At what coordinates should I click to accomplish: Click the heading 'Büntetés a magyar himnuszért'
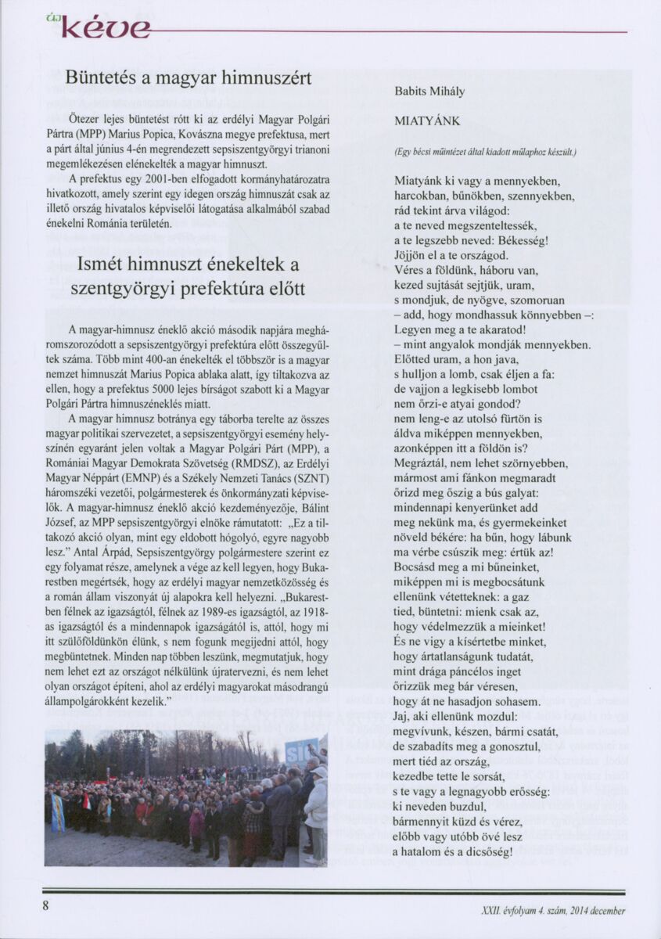click(x=188, y=78)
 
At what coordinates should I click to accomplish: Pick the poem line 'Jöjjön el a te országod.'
click(x=451, y=256)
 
